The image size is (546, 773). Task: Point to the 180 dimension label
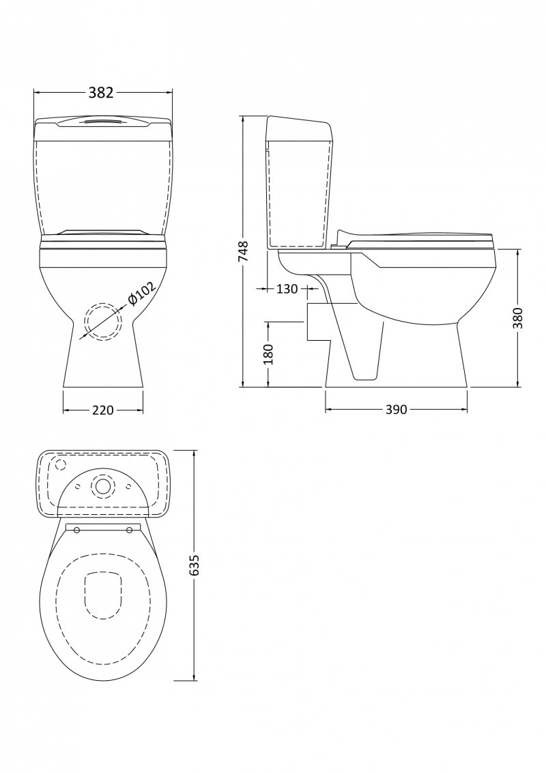[x=268, y=354]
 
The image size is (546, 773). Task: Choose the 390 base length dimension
[x=396, y=410]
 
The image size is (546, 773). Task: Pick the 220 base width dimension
[x=102, y=410]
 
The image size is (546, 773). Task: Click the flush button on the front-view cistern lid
[x=102, y=122]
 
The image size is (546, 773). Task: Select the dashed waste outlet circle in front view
[x=102, y=320]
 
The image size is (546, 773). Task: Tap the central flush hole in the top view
[x=103, y=486]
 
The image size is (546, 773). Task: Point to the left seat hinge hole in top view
[x=76, y=531]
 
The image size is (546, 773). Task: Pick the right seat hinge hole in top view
[x=130, y=531]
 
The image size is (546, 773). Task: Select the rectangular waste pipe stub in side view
[x=317, y=322]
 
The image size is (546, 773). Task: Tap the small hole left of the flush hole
[x=78, y=486]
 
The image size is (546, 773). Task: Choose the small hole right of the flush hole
[x=128, y=486]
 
